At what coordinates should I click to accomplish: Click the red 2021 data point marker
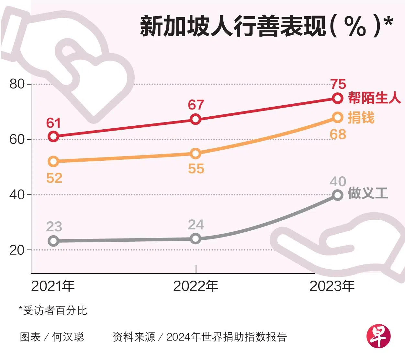tap(53, 136)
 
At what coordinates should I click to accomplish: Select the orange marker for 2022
tap(196, 153)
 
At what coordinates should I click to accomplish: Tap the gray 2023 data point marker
tap(338, 195)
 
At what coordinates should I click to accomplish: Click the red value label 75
tap(338, 84)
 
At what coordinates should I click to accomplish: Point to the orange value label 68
tap(338, 134)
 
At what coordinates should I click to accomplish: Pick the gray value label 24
tap(196, 225)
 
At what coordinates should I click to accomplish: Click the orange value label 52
tap(54, 178)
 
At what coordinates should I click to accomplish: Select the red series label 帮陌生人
tap(375, 98)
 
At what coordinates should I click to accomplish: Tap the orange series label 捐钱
tap(361, 118)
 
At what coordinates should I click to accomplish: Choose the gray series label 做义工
tap(368, 193)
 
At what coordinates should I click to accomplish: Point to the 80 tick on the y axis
tap(17, 84)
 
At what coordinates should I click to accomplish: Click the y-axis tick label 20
tap(17, 250)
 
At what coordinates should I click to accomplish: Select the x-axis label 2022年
tap(196, 286)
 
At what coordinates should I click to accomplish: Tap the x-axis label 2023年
tap(332, 286)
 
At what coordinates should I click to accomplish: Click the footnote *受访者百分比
tap(53, 310)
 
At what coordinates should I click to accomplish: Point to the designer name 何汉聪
tap(68, 337)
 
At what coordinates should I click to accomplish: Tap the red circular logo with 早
tap(378, 337)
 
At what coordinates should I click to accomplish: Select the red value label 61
tap(53, 123)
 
